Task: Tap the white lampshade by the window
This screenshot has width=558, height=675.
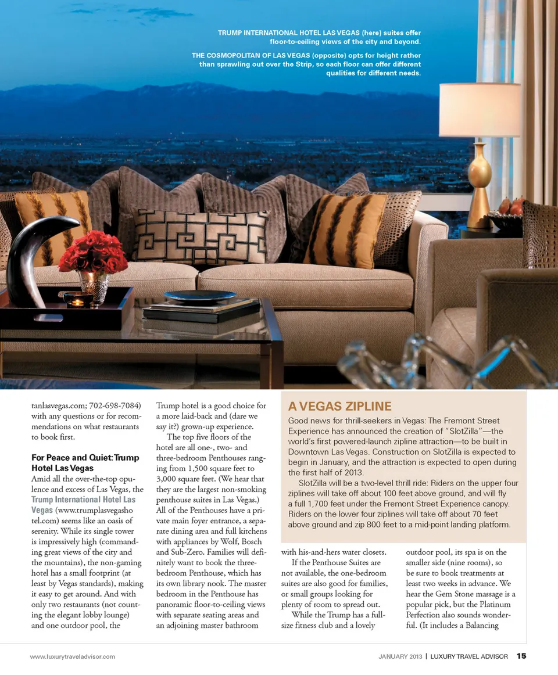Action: click(x=480, y=110)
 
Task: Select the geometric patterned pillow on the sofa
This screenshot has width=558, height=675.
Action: click(x=201, y=235)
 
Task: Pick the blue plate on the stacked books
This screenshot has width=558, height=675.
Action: click(x=200, y=296)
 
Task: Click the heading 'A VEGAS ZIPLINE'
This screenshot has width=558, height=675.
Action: click(x=340, y=406)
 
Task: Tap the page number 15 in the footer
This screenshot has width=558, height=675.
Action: click(x=521, y=656)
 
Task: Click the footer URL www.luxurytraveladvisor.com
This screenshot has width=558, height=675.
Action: click(x=73, y=656)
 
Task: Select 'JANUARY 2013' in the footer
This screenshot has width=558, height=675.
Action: click(x=400, y=656)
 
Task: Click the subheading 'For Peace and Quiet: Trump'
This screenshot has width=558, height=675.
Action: click(x=85, y=458)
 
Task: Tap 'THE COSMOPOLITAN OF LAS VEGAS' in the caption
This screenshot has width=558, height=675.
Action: click(x=251, y=56)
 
